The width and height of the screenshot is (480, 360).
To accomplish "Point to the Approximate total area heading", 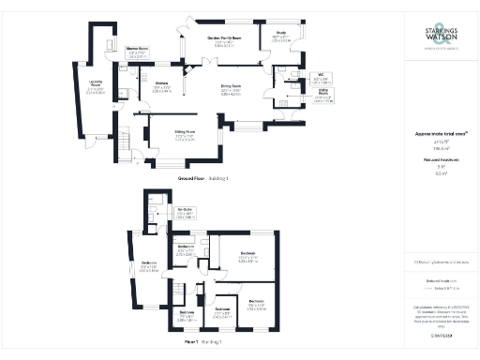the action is pyautogui.click(x=440, y=135).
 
